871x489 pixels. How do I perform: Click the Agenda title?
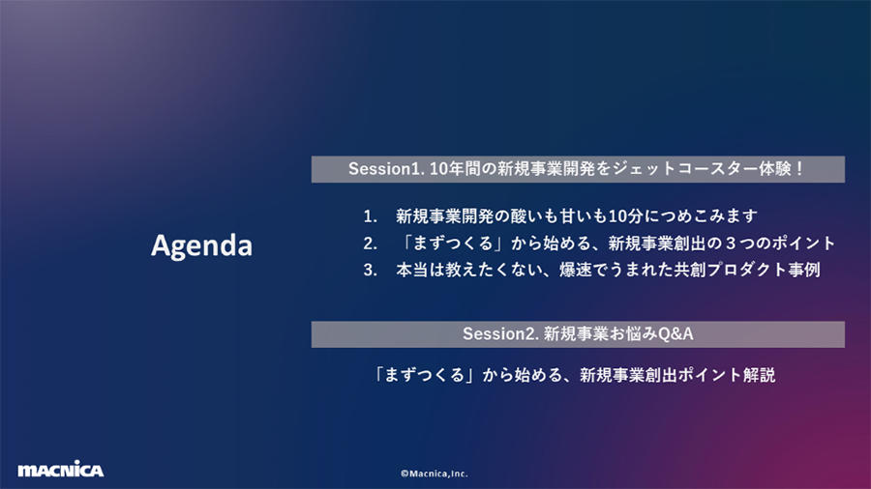point(201,245)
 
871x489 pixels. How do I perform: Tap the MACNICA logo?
point(61,469)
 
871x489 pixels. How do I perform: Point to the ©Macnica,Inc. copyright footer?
point(435,474)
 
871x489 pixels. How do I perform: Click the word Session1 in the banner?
point(384,168)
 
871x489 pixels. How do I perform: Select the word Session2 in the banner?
point(498,333)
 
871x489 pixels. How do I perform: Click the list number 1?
point(370,216)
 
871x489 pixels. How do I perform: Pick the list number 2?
point(370,243)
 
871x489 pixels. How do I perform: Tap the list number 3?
point(370,270)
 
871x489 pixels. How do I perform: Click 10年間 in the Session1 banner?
point(455,168)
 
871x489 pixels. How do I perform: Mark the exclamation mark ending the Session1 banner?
point(799,168)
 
